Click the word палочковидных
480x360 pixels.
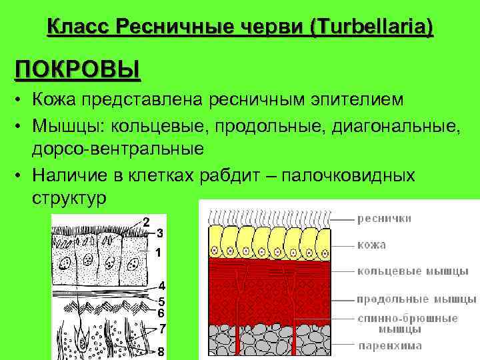pyautogui.click(x=349, y=175)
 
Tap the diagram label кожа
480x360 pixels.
pyautogui.click(x=371, y=245)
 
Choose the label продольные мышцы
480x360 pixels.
pyautogui.click(x=416, y=298)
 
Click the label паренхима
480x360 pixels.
pyautogui.click(x=389, y=346)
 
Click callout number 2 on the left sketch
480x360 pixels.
pyautogui.click(x=146, y=221)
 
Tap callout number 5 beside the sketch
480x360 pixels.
pyautogui.click(x=161, y=301)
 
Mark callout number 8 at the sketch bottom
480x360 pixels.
pyautogui.click(x=161, y=351)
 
